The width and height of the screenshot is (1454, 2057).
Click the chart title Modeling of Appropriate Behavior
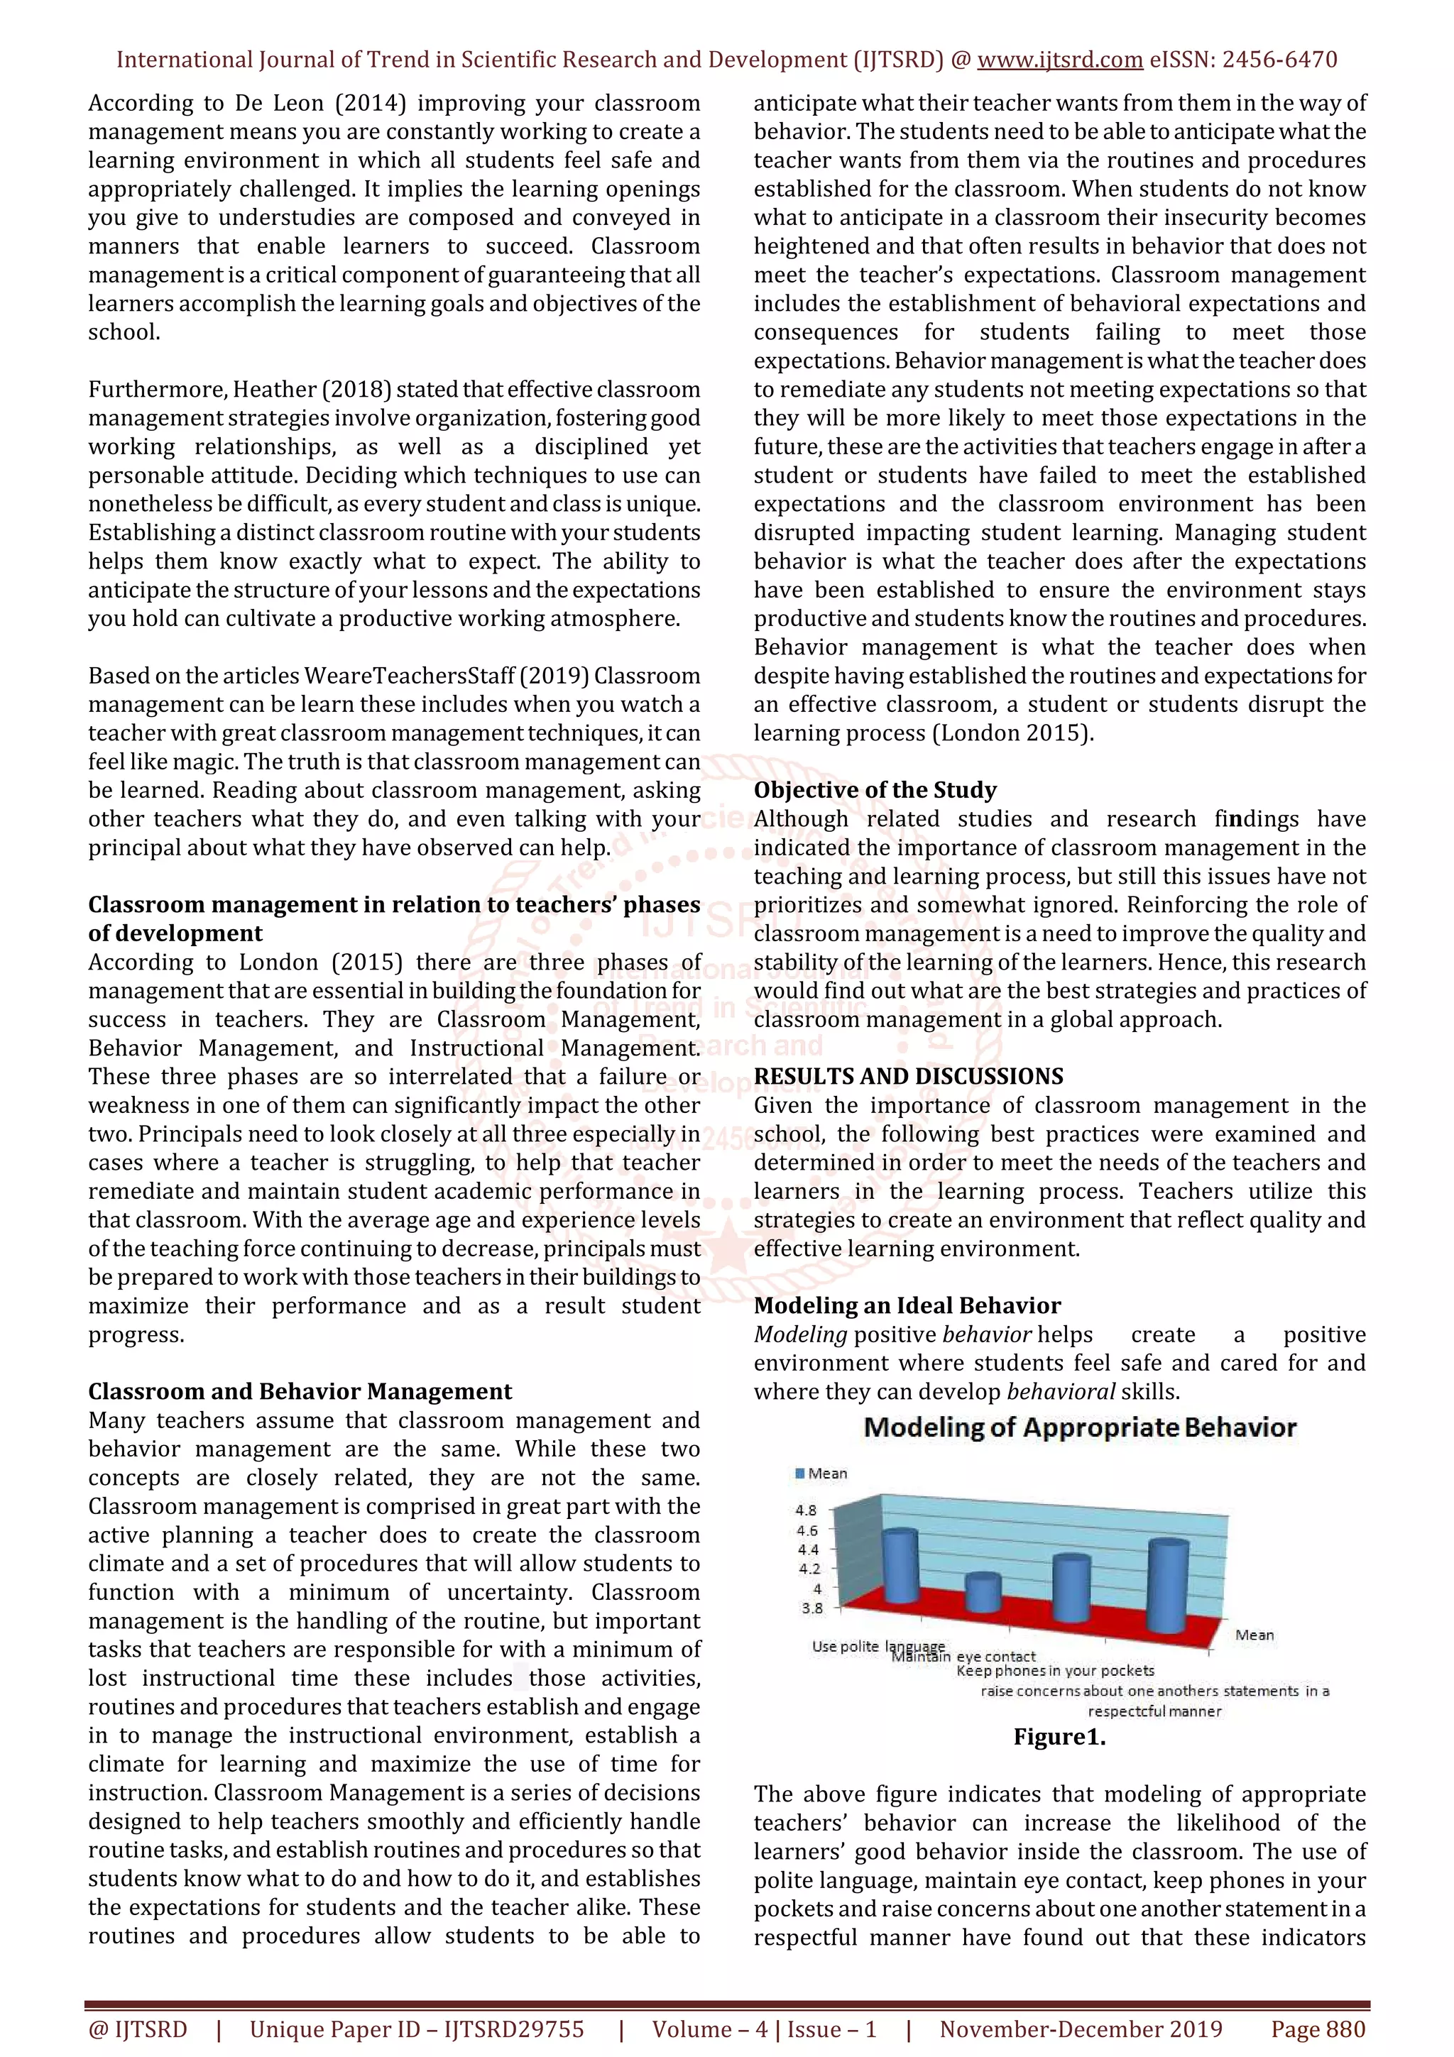(1080, 1427)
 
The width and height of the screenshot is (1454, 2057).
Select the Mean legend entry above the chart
(821, 1474)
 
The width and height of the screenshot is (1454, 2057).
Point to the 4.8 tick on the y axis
(807, 1510)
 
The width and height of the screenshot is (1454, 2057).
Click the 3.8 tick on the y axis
(811, 1608)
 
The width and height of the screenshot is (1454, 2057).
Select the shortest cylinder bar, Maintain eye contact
(983, 1594)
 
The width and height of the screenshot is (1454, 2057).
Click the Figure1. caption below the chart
(1060, 1737)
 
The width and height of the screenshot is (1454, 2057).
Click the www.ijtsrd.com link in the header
(1060, 60)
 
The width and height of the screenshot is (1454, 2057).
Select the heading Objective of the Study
(875, 790)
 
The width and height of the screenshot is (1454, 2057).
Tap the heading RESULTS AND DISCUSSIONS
(909, 1076)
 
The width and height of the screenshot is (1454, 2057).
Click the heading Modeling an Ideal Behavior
(907, 1305)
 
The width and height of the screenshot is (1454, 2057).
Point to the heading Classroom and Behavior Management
(300, 1391)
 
